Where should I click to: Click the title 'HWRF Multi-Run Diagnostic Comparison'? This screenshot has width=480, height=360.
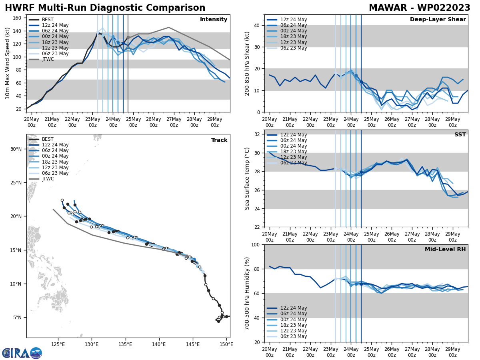[105, 8]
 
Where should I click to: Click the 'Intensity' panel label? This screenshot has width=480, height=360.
[214, 20]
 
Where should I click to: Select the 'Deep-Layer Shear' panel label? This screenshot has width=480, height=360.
[438, 20]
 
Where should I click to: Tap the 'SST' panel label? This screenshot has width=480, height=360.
[460, 135]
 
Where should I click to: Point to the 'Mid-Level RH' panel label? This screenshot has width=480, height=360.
[445, 250]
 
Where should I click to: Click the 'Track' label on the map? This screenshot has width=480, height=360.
[219, 140]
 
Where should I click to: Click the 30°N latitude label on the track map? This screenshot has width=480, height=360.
[16, 149]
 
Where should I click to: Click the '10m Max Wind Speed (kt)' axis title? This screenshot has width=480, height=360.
[8, 63]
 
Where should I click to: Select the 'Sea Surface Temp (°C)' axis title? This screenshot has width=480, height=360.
[247, 178]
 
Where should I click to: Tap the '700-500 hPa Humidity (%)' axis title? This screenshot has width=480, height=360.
[247, 293]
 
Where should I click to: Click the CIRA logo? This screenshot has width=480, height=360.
[22, 353]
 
